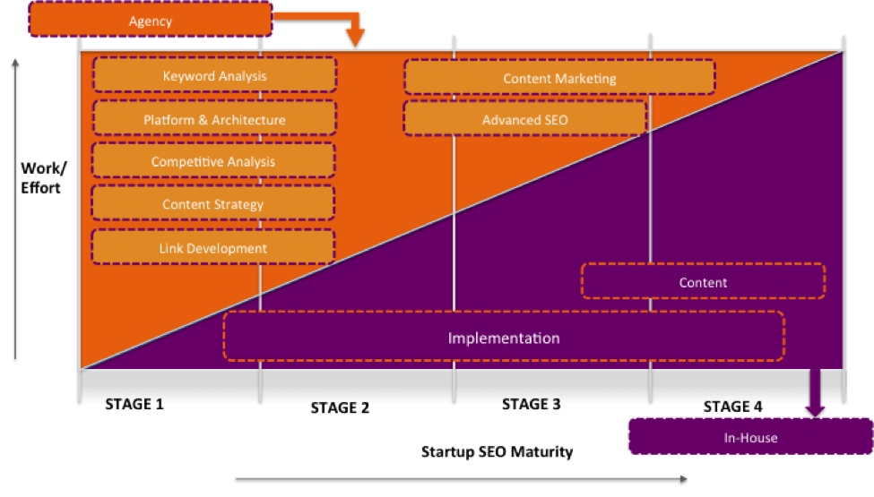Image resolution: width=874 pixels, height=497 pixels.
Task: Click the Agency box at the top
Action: (x=150, y=20)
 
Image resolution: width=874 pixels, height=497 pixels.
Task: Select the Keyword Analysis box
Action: (x=214, y=76)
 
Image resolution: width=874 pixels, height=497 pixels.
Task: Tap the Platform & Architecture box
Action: (x=214, y=119)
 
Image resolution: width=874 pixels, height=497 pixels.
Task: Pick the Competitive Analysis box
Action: (x=213, y=162)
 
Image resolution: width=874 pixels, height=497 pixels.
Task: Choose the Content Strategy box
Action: (x=213, y=204)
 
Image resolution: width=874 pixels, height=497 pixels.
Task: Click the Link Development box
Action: (x=213, y=248)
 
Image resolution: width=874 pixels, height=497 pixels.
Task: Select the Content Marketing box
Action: (x=559, y=78)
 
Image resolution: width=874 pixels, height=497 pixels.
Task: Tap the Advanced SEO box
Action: (x=524, y=119)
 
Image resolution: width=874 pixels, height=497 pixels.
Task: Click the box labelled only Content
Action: (x=703, y=282)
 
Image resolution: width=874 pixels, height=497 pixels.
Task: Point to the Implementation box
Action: (x=504, y=338)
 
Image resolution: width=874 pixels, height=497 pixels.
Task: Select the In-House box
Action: (x=750, y=438)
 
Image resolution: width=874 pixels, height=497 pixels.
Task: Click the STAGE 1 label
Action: (x=134, y=404)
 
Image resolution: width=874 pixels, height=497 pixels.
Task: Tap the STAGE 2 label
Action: (x=340, y=408)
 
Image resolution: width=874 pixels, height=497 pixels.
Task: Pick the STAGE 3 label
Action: (x=532, y=404)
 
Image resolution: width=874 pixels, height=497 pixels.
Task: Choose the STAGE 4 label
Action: (x=732, y=407)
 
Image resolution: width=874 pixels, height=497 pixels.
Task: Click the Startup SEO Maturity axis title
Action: (x=497, y=451)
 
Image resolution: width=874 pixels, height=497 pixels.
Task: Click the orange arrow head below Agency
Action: (x=356, y=38)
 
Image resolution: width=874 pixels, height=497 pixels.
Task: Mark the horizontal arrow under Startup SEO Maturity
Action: (x=462, y=480)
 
